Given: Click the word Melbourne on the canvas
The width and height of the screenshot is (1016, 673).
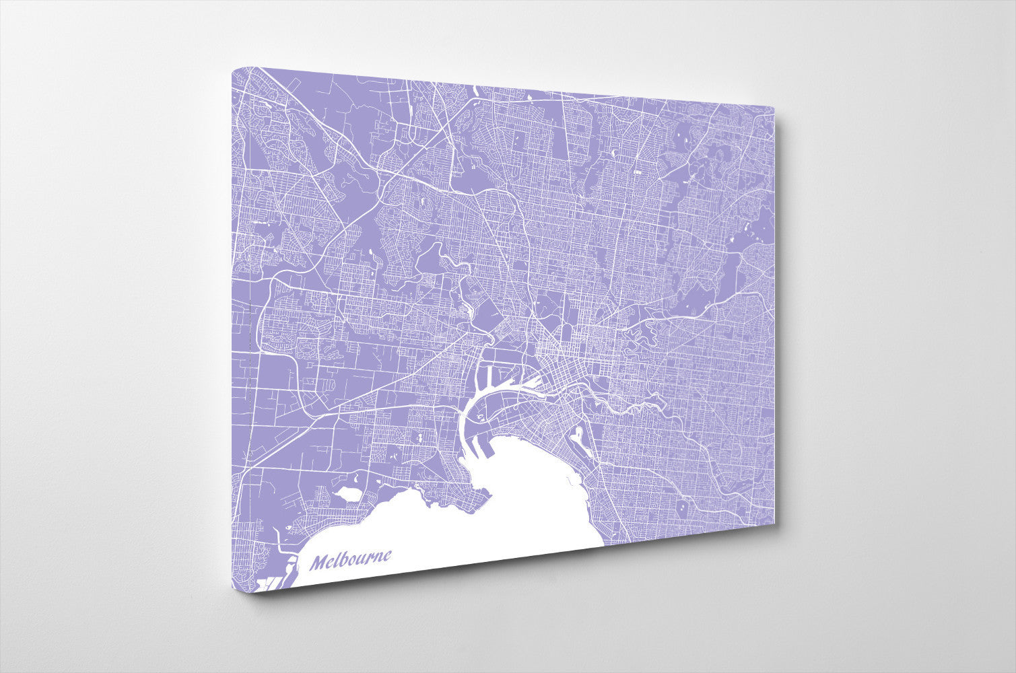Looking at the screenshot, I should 351,559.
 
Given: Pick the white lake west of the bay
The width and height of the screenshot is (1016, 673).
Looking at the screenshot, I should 349,493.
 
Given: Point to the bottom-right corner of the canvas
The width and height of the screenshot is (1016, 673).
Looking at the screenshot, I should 774,521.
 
